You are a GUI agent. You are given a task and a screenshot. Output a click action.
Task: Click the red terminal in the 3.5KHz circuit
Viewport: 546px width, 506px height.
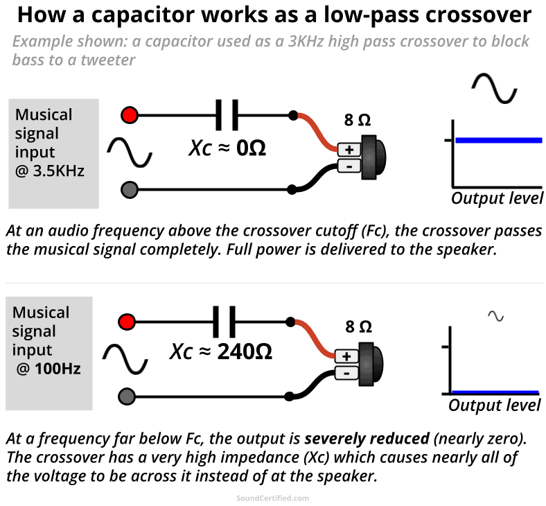[129, 114]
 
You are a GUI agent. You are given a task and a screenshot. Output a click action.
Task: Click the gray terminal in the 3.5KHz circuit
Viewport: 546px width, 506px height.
[129, 189]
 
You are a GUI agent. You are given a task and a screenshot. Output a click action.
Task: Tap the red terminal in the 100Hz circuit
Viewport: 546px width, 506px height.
[127, 322]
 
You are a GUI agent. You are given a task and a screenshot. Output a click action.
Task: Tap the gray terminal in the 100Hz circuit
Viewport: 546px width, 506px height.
[127, 396]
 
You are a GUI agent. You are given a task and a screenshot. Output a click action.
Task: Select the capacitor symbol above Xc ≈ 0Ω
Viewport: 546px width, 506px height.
[227, 114]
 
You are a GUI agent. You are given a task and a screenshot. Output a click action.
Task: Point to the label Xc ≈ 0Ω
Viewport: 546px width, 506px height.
[227, 147]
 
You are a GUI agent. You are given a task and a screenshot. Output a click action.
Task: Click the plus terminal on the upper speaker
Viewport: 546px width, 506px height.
[349, 149]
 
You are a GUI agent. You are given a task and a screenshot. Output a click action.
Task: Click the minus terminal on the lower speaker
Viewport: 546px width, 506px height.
[346, 373]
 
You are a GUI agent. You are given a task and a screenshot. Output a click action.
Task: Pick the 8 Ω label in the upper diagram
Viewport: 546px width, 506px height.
[358, 120]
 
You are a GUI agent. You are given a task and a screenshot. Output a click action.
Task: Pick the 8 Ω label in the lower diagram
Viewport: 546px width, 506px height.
[358, 326]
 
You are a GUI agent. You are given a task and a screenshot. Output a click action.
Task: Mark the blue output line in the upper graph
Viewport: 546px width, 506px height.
[498, 141]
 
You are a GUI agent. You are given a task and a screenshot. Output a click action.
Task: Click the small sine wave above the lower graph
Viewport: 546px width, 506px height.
[495, 316]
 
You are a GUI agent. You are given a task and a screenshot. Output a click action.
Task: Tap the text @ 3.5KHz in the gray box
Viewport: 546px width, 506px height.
[49, 171]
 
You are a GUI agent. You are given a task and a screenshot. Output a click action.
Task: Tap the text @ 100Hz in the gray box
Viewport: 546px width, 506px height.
[49, 369]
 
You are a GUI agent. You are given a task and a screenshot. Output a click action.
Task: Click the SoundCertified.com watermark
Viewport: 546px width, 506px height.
[272, 498]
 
